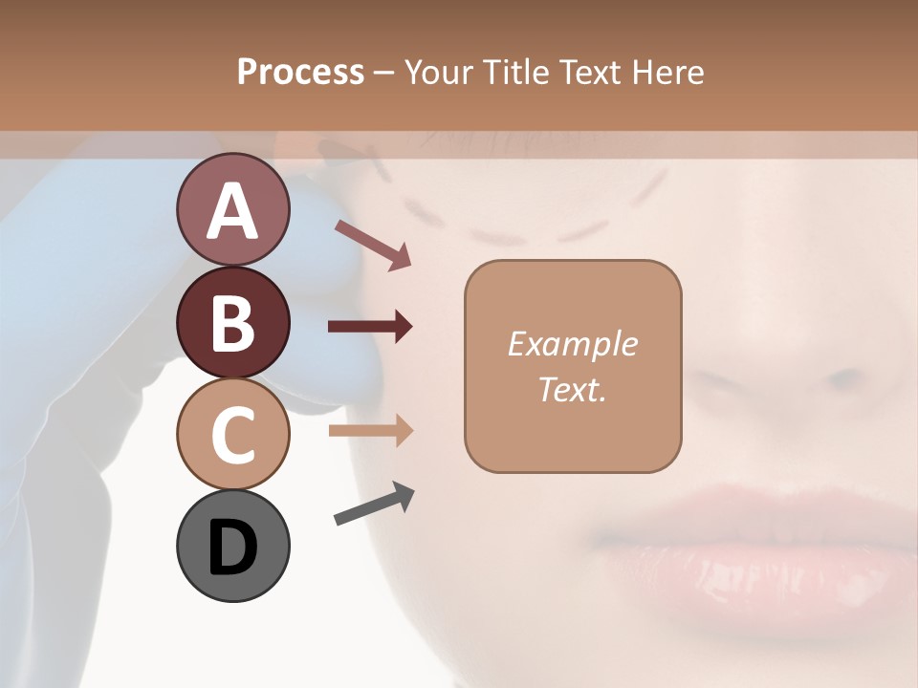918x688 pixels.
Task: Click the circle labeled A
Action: [232, 209]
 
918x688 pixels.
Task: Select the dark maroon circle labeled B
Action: [232, 322]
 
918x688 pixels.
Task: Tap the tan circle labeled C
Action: [232, 434]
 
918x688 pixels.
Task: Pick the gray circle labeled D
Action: [232, 546]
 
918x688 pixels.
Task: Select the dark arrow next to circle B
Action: [370, 327]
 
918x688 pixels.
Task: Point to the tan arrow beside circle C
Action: [370, 430]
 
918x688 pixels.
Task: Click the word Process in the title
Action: [300, 73]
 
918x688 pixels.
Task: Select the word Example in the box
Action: [572, 344]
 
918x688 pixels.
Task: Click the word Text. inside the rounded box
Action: [572, 389]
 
